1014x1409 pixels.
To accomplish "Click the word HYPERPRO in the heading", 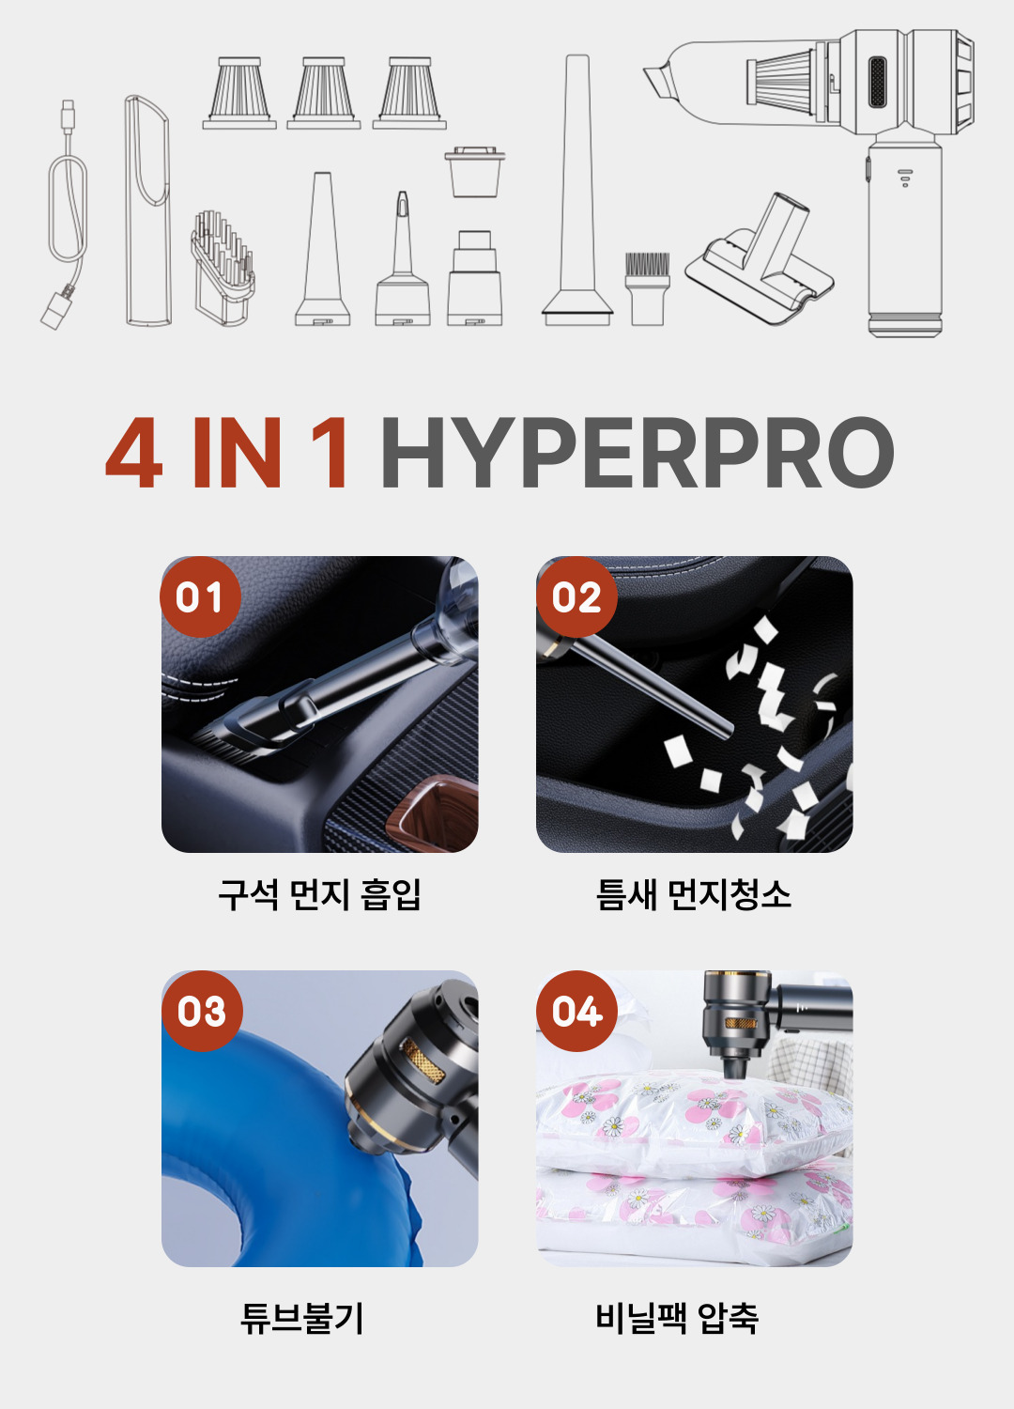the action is coord(638,452).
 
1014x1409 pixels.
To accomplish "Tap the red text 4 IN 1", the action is coord(225,452).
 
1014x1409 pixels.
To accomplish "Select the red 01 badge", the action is coord(201,596).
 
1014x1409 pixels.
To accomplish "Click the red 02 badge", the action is coord(576,596).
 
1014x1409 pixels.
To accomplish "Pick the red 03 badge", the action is coord(202,1011).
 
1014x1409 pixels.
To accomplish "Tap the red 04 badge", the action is coord(576,1011).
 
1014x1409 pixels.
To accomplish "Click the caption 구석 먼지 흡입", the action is coord(319,894).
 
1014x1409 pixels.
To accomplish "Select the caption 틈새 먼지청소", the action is coord(694,894).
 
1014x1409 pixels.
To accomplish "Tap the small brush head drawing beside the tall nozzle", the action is coord(648,288).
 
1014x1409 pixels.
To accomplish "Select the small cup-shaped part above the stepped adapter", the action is coord(475,172).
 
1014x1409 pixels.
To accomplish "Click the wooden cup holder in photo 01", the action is coord(434,814).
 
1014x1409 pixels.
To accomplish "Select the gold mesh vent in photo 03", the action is coord(422,1060).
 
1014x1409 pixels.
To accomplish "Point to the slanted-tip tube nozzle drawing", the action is coord(148,210).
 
